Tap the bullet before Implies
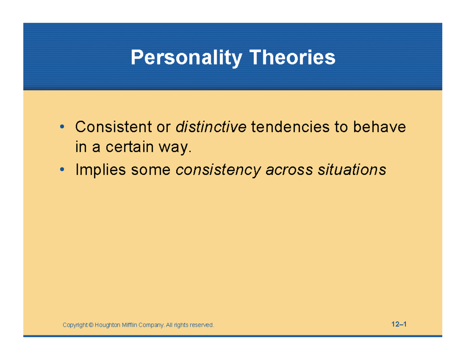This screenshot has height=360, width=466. (62, 170)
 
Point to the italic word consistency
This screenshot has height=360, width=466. (218, 170)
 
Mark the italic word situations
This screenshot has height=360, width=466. (352, 170)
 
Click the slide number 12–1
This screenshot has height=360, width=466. (399, 324)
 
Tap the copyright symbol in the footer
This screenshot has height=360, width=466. (91, 325)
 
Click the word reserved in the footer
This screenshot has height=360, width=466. (202, 325)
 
